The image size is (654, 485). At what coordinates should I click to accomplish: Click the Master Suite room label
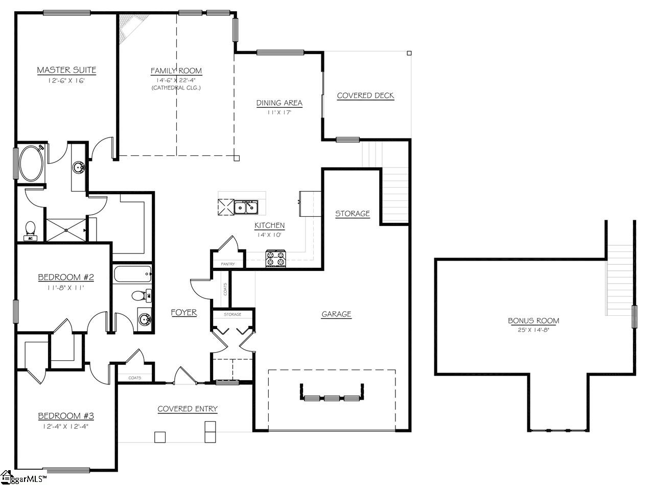pos(66,70)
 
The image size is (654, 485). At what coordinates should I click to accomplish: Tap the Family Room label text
pos(176,71)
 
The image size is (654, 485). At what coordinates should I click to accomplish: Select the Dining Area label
pos(279,103)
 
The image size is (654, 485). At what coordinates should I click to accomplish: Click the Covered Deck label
pos(365,96)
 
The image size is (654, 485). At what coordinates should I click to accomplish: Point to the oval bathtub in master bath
pos(32,163)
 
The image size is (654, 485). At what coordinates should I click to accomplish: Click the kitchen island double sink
pos(246,207)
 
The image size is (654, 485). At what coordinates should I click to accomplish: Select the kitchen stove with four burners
pos(276,258)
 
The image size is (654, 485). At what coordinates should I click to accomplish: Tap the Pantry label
pos(227,264)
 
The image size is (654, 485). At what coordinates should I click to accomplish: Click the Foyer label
pos(183,312)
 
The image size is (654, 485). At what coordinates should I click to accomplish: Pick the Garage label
pos(336,314)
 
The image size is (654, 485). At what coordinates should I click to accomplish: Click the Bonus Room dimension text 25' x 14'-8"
pos(533,330)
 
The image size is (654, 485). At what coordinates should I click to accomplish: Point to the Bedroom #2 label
pos(66,278)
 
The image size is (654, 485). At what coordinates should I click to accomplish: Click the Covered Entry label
pos(188,409)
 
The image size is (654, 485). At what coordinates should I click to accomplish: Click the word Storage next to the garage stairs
pos(352,214)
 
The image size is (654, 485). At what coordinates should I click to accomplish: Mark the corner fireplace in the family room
pos(131,26)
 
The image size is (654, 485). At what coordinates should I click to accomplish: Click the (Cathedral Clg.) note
pos(176,88)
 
